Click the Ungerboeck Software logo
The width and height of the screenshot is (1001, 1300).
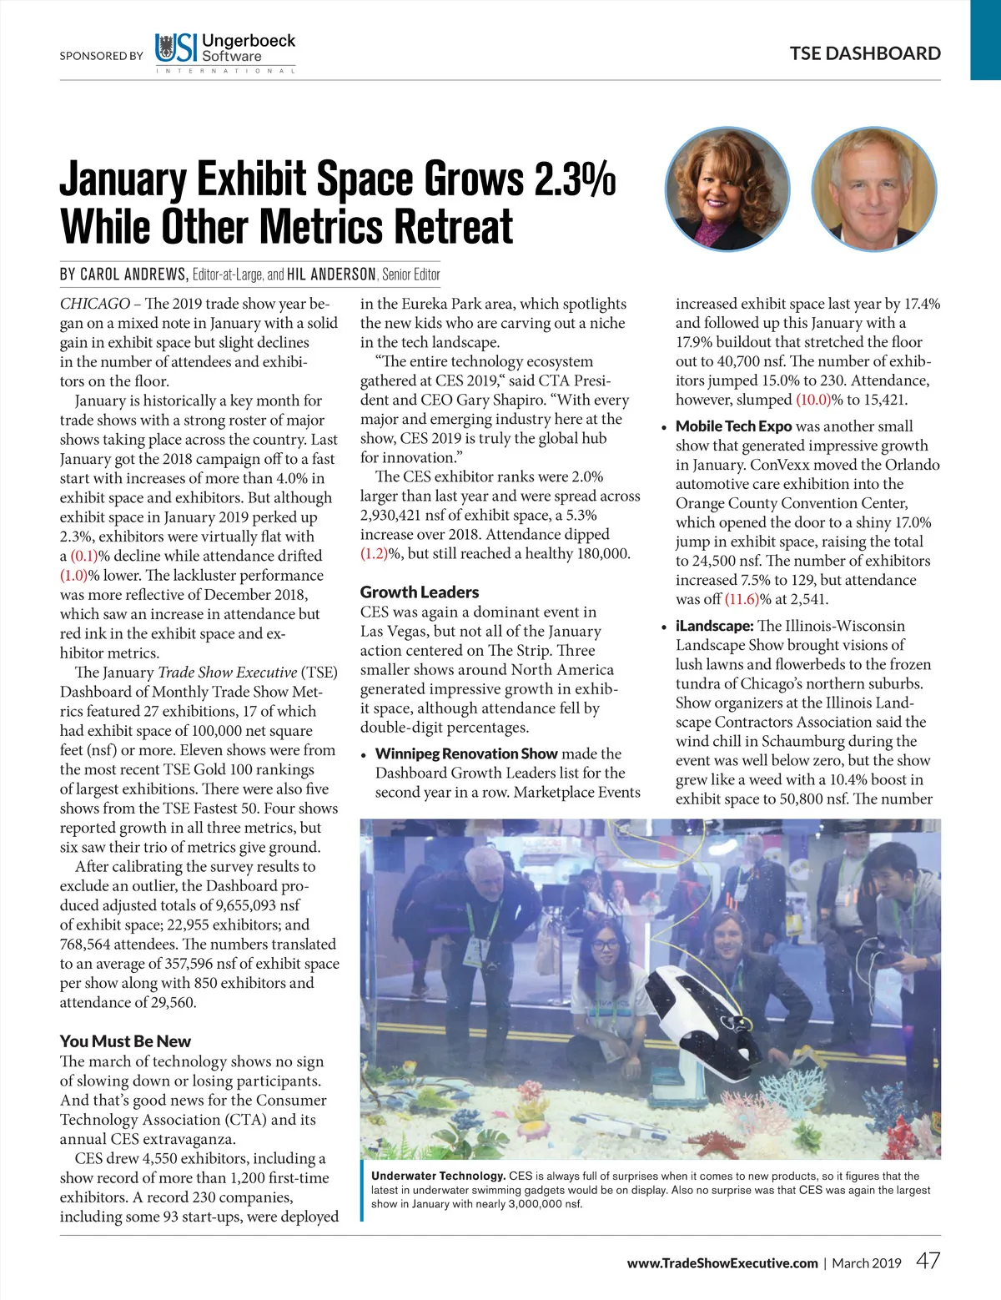coord(225,51)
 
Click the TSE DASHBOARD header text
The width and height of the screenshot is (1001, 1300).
coord(865,53)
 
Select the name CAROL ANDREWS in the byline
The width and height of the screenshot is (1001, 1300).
coord(133,275)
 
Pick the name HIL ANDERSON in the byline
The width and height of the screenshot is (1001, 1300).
coord(331,275)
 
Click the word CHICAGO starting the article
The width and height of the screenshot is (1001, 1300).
coord(94,304)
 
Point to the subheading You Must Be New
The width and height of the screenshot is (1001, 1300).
coord(125,1041)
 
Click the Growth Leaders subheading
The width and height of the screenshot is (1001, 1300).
coord(420,592)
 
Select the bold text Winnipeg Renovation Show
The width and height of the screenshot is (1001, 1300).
coord(465,753)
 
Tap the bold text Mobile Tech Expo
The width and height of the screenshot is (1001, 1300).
coord(733,426)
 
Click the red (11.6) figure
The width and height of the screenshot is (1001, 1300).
coord(742,599)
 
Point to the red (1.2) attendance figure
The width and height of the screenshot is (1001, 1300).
coord(374,553)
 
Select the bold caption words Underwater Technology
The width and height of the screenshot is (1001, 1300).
coord(438,1176)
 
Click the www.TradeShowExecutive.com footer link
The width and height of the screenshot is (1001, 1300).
coord(722,1263)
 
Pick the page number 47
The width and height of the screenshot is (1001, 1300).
coord(928,1261)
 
